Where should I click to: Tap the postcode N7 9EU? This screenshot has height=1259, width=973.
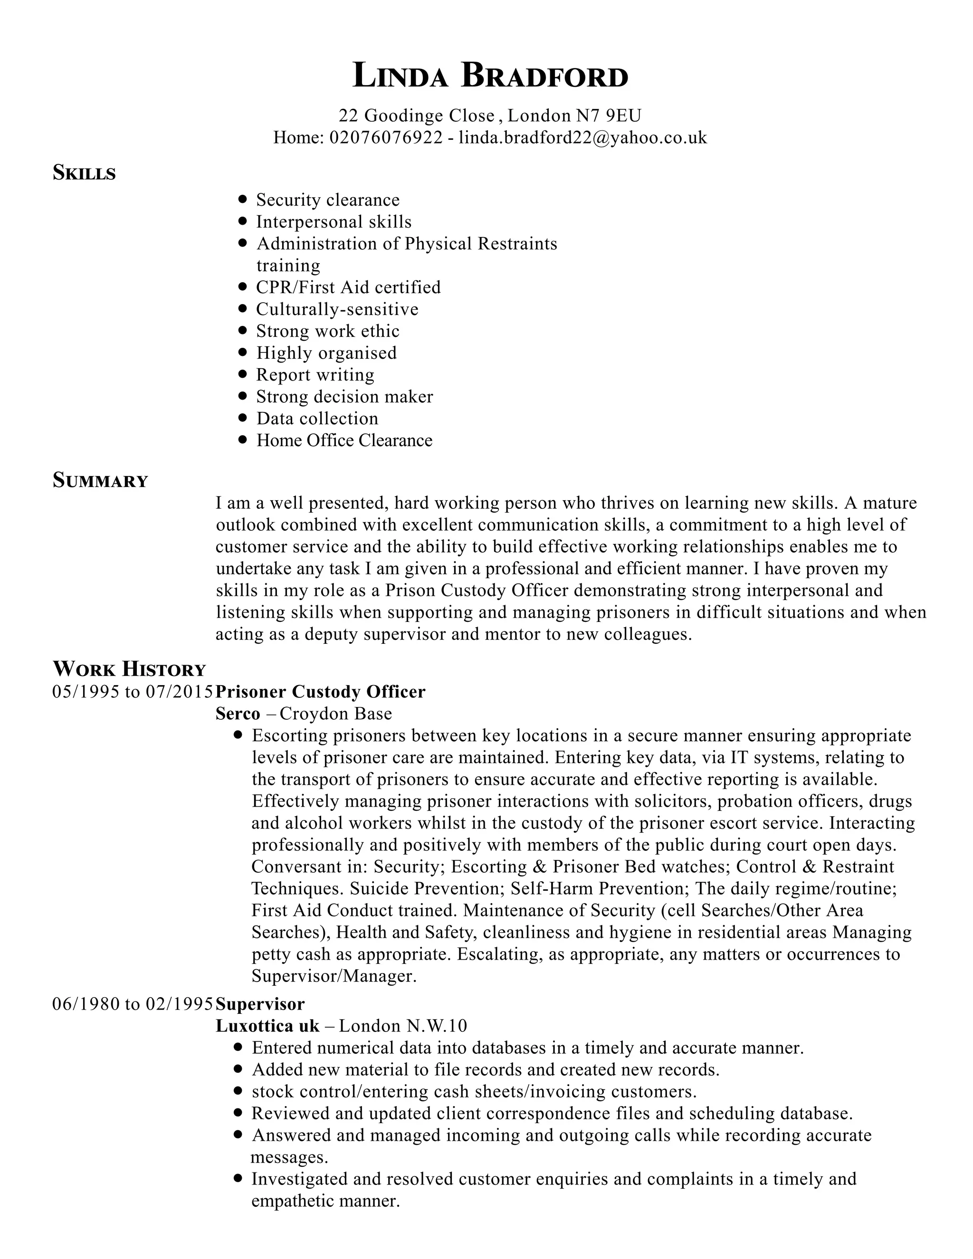coord(609,116)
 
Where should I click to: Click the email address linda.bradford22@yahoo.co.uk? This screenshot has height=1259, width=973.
coord(582,138)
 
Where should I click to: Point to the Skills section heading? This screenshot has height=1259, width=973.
coord(84,173)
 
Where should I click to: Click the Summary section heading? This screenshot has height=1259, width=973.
coord(100,480)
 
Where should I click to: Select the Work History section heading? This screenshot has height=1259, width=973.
coord(129,669)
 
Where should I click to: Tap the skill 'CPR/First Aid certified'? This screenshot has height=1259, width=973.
coord(348,287)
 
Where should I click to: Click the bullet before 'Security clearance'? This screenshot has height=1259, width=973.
coord(243,200)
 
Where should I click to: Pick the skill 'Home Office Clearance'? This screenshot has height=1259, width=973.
coord(344,440)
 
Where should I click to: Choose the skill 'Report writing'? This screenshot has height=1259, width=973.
coord(315,375)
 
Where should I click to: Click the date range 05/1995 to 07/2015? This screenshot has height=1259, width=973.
coord(133,692)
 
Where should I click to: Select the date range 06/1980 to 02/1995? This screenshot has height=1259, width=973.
coord(133,1004)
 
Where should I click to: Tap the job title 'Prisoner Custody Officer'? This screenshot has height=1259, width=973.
coord(321,692)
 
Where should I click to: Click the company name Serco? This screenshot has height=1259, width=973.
coord(238,714)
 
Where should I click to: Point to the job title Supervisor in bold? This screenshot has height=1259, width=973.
coord(260,1004)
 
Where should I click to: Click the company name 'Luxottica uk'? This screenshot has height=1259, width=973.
coord(267,1026)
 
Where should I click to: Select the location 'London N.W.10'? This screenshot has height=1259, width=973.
coord(402,1026)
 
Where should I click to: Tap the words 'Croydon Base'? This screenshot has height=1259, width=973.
coord(335,714)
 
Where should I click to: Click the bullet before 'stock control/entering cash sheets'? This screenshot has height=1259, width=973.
coord(238,1091)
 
